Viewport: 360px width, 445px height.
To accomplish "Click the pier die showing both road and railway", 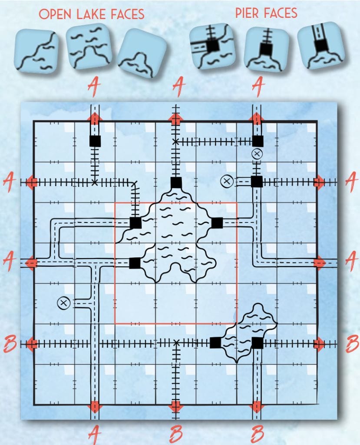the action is tap(213, 46).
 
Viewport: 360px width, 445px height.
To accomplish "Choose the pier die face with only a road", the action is tap(320, 45).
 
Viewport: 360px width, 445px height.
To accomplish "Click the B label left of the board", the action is tap(10, 343).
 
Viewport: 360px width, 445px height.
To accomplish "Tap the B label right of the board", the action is tap(352, 343).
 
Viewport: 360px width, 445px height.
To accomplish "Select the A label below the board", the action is tap(94, 434).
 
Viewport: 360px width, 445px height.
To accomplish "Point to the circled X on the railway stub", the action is tap(257, 154).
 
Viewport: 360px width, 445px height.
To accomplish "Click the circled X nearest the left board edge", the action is tap(63, 303).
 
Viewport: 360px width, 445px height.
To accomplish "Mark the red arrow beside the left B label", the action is tap(32, 344).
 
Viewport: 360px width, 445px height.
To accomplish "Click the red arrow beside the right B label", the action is tap(319, 344).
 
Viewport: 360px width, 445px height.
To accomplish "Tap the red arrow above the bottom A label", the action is tap(95, 407).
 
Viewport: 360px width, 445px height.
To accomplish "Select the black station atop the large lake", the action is tap(176, 183).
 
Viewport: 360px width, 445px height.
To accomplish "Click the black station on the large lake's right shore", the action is tap(217, 223).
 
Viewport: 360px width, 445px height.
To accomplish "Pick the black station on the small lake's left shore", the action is tap(215, 342).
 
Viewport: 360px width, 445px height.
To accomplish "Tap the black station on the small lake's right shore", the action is tap(258, 343).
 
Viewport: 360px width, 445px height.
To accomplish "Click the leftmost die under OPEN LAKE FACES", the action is tap(36, 51).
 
